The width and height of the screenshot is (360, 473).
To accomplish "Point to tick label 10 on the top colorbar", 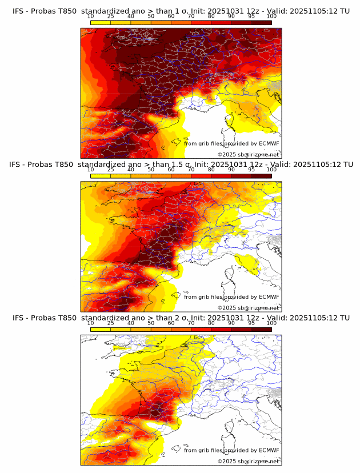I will click(91, 16).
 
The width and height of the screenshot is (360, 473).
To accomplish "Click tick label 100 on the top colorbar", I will click(271, 16).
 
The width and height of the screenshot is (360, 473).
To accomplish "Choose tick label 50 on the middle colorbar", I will click(151, 170).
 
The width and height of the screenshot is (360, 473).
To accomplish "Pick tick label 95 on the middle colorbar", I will click(251, 170).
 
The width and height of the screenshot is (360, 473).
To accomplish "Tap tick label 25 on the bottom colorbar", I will click(111, 323).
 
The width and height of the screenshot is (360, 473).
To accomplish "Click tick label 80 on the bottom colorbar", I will click(211, 323).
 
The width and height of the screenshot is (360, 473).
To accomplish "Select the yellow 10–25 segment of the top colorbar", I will click(101, 22).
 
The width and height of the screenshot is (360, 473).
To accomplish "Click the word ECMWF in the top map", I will click(269, 143).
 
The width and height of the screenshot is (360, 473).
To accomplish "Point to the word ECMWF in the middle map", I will click(269, 296).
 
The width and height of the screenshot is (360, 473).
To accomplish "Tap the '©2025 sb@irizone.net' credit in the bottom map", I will click(248, 461).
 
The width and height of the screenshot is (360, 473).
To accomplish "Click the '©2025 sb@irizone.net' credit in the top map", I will click(248, 154).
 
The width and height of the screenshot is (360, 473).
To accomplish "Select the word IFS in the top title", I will click(18, 11).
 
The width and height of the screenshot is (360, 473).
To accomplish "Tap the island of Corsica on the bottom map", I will click(231, 429).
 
